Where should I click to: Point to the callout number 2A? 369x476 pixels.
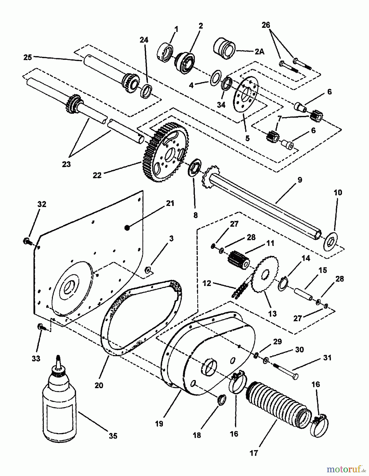click(259, 52)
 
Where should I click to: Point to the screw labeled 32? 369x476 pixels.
click(27, 241)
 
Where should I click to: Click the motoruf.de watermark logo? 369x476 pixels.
click(344, 469)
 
